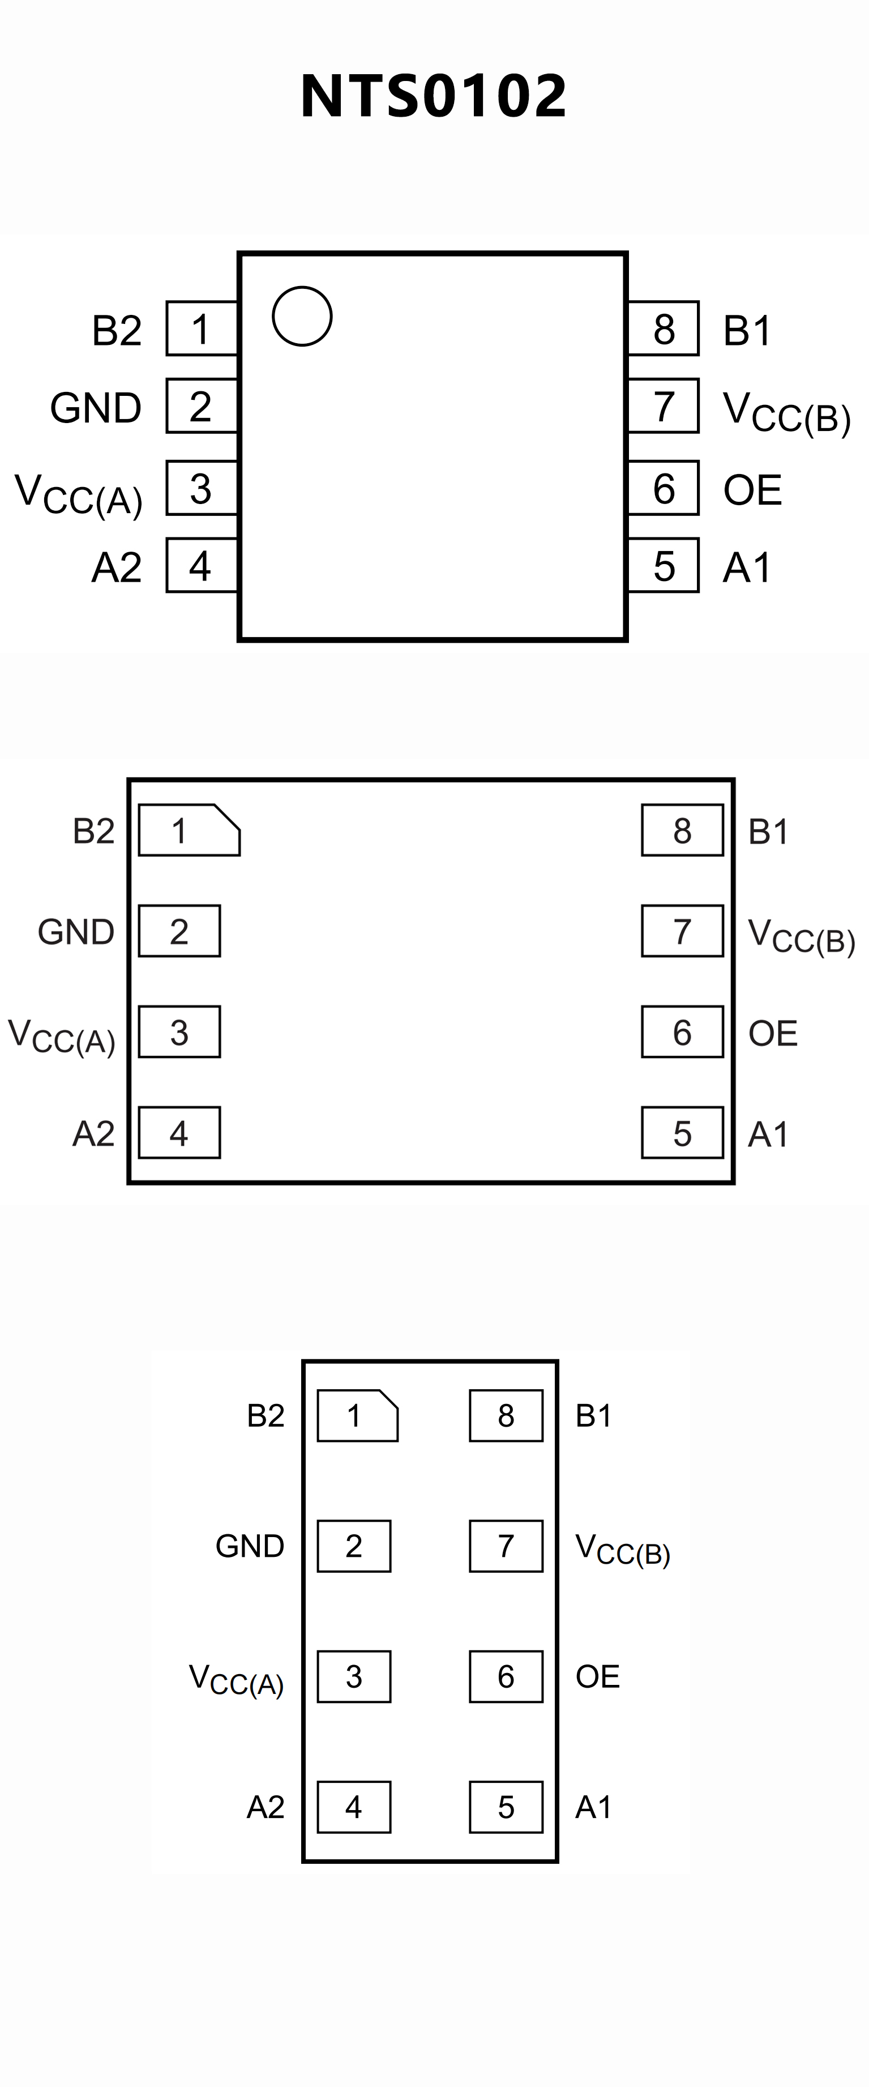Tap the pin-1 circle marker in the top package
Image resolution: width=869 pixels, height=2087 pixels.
click(302, 316)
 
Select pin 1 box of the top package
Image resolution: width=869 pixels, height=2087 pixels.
click(202, 328)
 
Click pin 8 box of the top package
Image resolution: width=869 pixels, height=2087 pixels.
click(663, 328)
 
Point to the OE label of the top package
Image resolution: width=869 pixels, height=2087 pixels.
click(752, 490)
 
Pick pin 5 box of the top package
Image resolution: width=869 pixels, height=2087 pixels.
click(663, 565)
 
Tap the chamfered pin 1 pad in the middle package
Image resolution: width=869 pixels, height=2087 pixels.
click(189, 830)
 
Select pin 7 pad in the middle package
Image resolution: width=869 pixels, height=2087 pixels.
click(682, 931)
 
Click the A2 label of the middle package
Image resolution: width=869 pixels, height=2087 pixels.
click(93, 1133)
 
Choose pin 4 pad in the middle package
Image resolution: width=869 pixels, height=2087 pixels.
click(179, 1133)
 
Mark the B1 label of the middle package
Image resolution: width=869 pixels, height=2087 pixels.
click(768, 831)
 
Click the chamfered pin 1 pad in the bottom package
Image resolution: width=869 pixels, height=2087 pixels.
click(357, 1415)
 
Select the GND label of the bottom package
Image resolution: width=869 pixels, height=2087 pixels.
click(250, 1546)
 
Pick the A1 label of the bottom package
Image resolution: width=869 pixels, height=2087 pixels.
click(593, 1807)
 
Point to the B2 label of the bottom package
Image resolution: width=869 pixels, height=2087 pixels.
click(266, 1415)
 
